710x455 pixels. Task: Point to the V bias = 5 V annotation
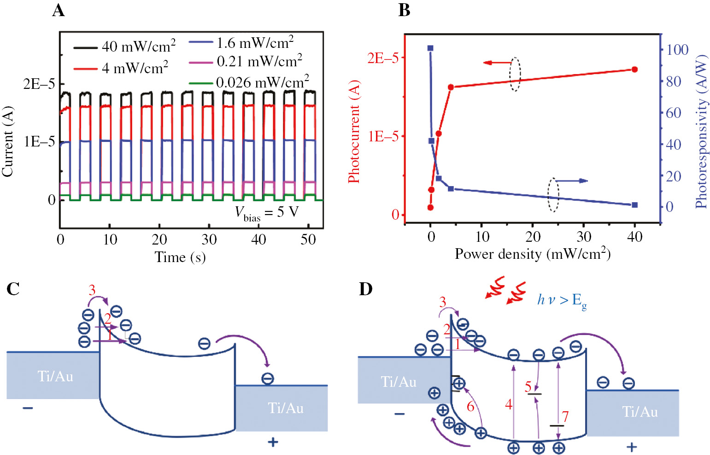[267, 213]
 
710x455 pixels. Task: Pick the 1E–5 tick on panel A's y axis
[39, 142]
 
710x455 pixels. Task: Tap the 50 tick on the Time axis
[308, 239]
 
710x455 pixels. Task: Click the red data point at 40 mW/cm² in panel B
[634, 70]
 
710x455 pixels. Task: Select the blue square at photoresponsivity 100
[430, 48]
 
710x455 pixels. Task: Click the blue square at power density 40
[634, 205]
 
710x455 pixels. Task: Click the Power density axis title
[532, 254]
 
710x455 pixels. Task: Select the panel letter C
[13, 289]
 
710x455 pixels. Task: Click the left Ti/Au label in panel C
[55, 377]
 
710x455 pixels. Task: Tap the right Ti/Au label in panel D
[640, 412]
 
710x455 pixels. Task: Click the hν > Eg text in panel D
[562, 300]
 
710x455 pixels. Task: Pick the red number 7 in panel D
[565, 416]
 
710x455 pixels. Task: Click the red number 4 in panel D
[509, 405]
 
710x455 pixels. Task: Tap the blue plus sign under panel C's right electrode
[273, 442]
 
